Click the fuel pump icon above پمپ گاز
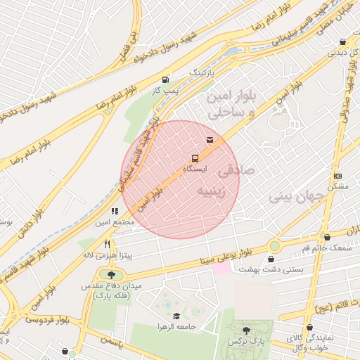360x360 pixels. click(165, 79)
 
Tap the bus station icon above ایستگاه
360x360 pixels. click(195, 158)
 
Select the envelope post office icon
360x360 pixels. click(210, 140)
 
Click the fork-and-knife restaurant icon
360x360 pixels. click(108, 244)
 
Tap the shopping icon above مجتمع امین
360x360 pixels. click(114, 210)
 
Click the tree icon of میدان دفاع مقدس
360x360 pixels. click(110, 275)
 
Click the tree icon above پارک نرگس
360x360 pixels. click(245, 330)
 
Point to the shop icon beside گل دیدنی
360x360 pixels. click(342, 41)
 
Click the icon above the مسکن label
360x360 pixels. click(338, 175)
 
